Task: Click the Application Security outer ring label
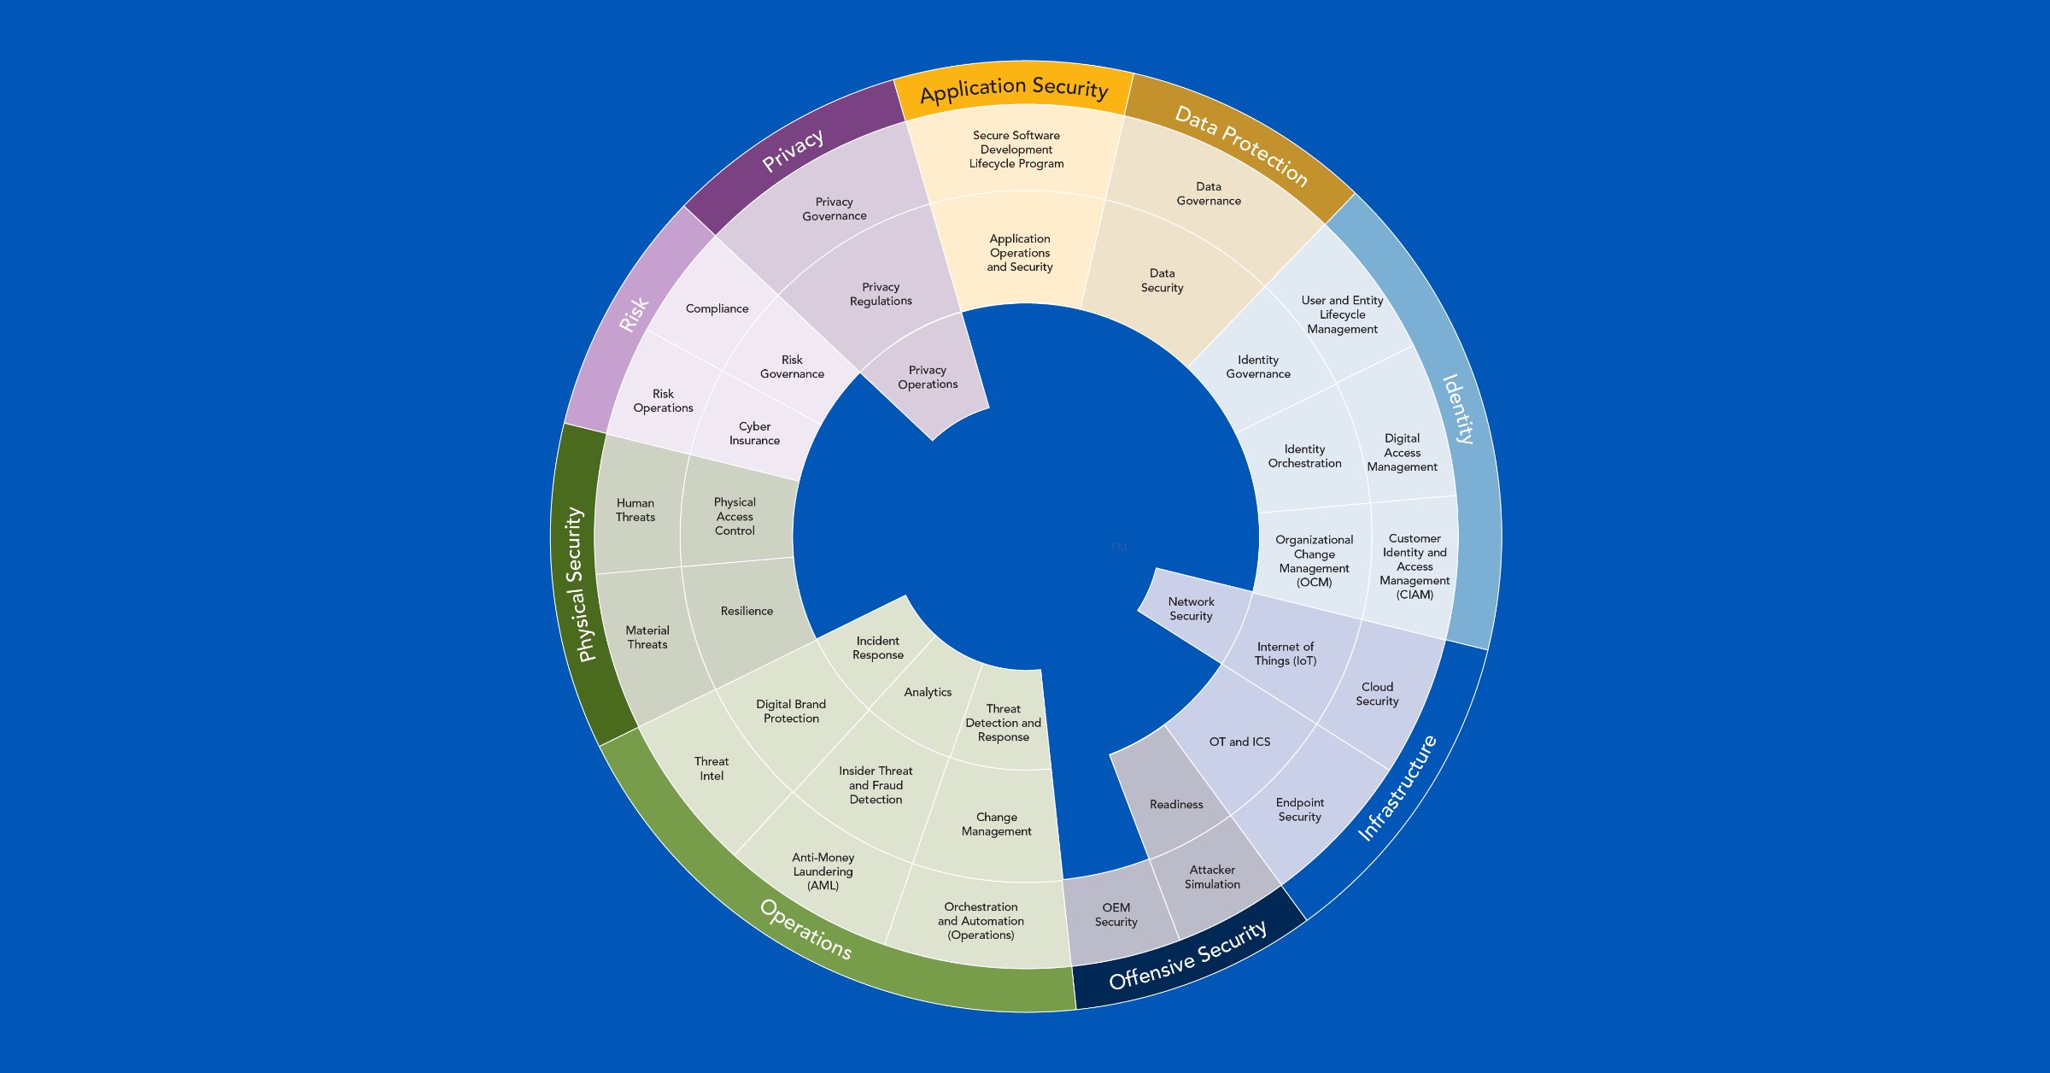pyautogui.click(x=1014, y=89)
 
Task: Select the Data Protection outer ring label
pyautogui.click(x=1240, y=145)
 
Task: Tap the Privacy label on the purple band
pyautogui.click(x=793, y=150)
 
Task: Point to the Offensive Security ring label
pyautogui.click(x=1187, y=955)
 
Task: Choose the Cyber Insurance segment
pyautogui.click(x=754, y=433)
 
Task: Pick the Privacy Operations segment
pyautogui.click(x=928, y=377)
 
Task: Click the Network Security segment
pyautogui.click(x=1191, y=608)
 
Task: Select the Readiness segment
pyautogui.click(x=1175, y=804)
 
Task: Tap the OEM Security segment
pyautogui.click(x=1116, y=914)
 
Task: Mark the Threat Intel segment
pyautogui.click(x=712, y=768)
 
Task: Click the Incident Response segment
pyautogui.click(x=877, y=648)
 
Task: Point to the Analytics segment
pyautogui.click(x=928, y=692)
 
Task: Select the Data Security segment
pyautogui.click(x=1162, y=280)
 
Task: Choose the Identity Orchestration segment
pyautogui.click(x=1304, y=455)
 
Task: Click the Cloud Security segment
pyautogui.click(x=1377, y=694)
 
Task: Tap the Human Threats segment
pyautogui.click(x=635, y=510)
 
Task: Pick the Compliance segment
pyautogui.click(x=717, y=308)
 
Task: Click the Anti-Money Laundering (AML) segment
pyautogui.click(x=823, y=871)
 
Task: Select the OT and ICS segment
pyautogui.click(x=1239, y=742)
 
